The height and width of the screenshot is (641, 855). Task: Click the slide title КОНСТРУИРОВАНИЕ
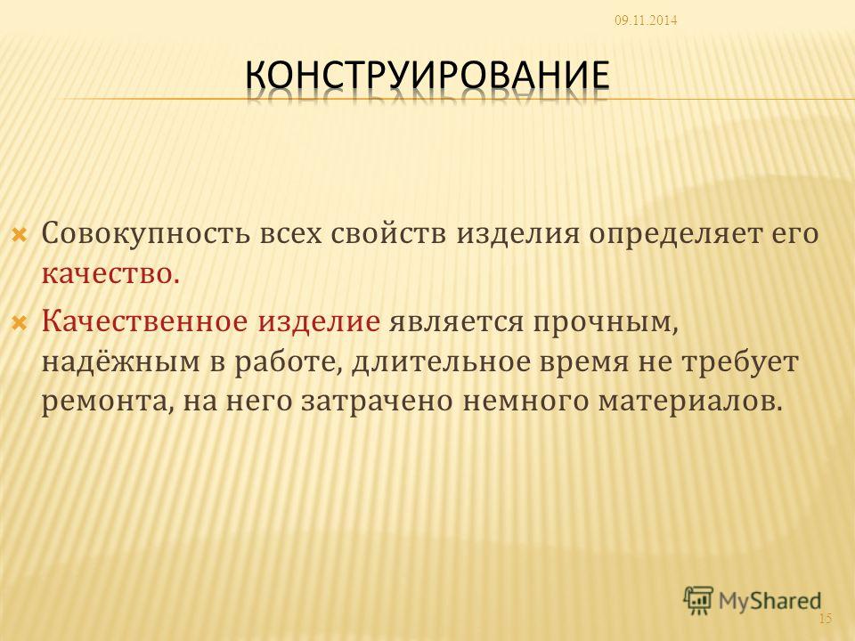tap(427, 75)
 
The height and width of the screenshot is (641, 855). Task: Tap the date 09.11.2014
tap(646, 20)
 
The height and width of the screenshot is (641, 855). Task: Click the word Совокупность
tap(144, 234)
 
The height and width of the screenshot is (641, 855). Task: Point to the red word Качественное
tap(145, 320)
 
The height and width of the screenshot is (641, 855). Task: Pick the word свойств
tap(389, 234)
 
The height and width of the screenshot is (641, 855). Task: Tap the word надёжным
tap(121, 361)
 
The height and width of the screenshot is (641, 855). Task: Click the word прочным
tap(604, 322)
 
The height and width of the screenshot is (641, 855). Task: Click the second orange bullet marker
tap(19, 322)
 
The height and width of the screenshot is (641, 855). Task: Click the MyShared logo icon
tap(698, 600)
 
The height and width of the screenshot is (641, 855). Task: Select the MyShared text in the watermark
tap(769, 601)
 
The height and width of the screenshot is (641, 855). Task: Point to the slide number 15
tap(826, 618)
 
